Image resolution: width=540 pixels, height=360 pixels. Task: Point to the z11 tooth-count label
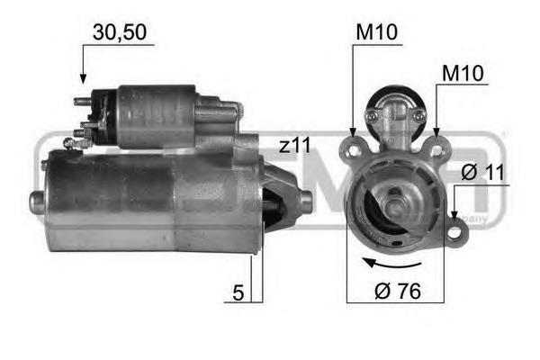(295, 145)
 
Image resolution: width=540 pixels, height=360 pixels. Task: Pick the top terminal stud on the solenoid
(83, 101)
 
